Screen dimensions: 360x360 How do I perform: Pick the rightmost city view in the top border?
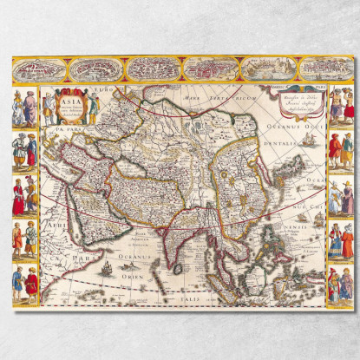pos(323,69)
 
